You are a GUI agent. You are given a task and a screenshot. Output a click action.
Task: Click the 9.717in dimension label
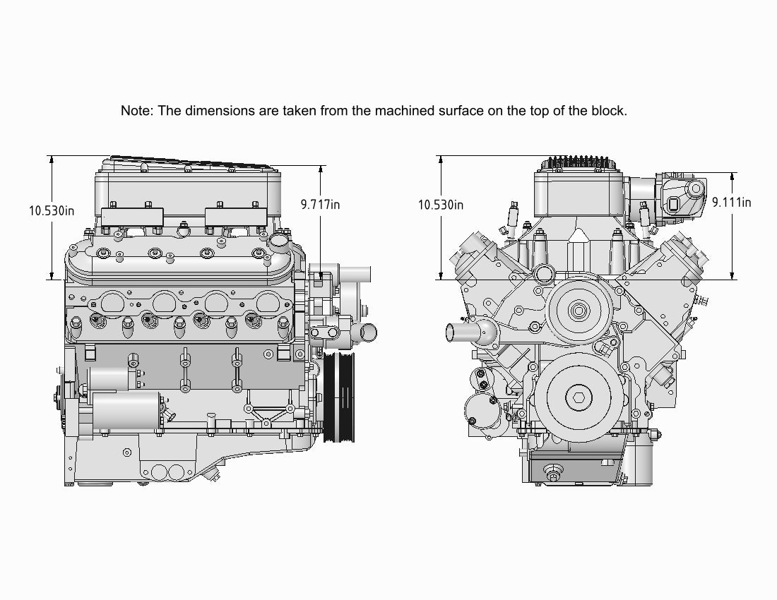point(320,205)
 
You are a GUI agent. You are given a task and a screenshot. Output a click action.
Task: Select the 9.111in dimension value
point(731,203)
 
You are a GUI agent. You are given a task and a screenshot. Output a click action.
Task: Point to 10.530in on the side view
point(52,210)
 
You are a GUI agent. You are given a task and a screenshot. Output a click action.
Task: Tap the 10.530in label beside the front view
point(441,205)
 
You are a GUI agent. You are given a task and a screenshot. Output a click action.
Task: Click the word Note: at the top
point(137,111)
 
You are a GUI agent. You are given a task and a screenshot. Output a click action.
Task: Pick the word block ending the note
point(610,111)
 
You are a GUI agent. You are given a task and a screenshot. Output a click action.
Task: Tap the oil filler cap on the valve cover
point(280,241)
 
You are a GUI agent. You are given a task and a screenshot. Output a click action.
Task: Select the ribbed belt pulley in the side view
point(339,397)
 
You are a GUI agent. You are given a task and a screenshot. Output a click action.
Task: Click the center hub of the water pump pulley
point(579,309)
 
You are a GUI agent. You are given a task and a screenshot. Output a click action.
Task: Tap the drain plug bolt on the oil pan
point(552,476)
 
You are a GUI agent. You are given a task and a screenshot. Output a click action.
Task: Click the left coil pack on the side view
point(132,216)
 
